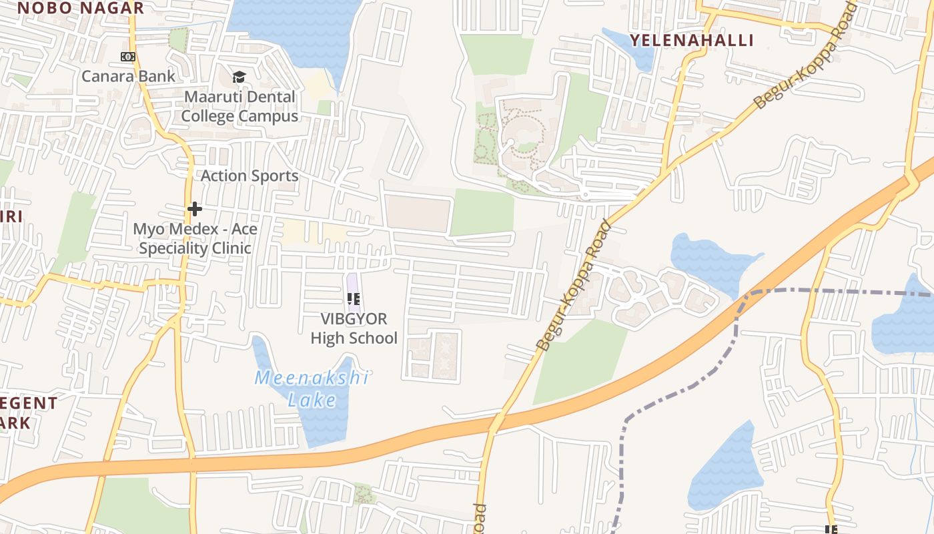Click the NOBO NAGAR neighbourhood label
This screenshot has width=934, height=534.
[80, 8]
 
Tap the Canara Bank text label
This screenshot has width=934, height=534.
[128, 76]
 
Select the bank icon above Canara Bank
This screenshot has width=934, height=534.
[128, 57]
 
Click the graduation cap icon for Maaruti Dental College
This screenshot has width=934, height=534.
[239, 77]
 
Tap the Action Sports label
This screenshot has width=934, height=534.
[250, 176]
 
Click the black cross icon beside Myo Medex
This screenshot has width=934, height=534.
[195, 209]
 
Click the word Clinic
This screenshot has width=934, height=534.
[233, 248]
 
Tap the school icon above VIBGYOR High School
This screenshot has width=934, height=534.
[354, 299]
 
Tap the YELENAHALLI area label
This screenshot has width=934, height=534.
[692, 39]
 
